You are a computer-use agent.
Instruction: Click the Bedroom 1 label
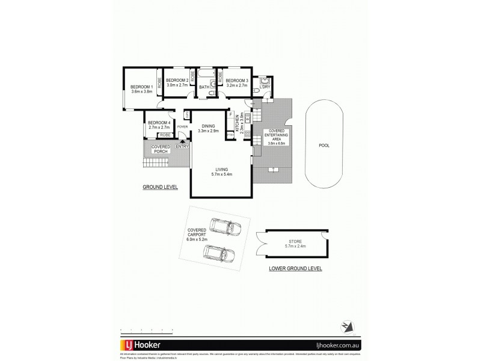click(x=138, y=88)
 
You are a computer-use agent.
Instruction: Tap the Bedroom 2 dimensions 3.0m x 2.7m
click(x=177, y=86)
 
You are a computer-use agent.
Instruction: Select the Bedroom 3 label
click(x=237, y=81)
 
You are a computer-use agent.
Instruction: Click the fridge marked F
click(x=230, y=114)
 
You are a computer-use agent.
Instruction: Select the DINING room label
click(x=209, y=125)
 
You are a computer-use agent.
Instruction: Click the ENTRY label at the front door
click(x=182, y=146)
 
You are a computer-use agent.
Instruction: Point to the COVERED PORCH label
click(x=161, y=149)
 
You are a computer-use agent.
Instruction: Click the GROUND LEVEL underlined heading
click(x=160, y=187)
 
